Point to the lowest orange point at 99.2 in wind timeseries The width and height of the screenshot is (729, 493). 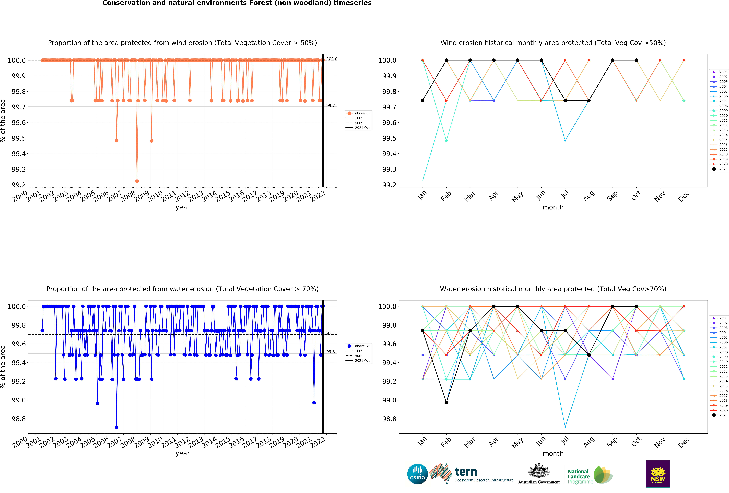pyautogui.click(x=137, y=181)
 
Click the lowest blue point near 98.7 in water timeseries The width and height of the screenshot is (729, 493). pyautogui.click(x=117, y=427)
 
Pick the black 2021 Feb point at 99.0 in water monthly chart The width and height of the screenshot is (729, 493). pyautogui.click(x=446, y=403)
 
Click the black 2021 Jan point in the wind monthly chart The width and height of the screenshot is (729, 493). pyautogui.click(x=423, y=100)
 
